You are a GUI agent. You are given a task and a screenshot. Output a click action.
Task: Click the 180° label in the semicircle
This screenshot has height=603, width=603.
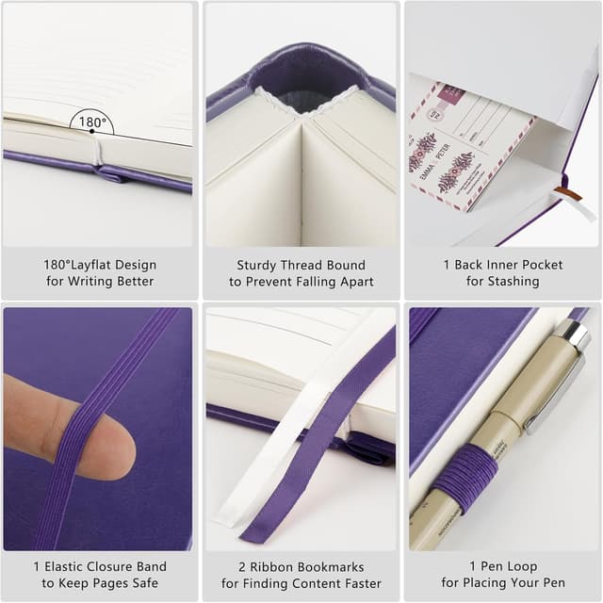(91, 122)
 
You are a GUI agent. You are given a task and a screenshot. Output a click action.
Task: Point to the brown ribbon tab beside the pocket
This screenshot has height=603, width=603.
(567, 193)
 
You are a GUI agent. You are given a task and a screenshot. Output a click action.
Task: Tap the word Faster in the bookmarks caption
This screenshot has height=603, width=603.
(361, 583)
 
